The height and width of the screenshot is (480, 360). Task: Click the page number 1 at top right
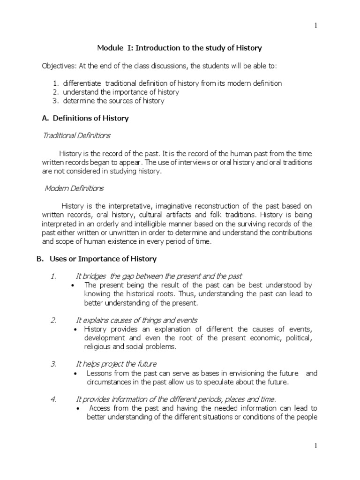(315, 26)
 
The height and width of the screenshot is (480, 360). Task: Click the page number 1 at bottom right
(315, 447)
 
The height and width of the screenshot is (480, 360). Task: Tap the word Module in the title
(109, 48)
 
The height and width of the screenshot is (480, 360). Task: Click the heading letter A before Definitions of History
(45, 118)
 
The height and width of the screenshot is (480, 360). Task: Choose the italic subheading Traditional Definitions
(77, 135)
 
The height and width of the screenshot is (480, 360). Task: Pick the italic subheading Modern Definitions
(74, 188)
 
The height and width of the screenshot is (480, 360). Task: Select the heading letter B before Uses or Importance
(40, 259)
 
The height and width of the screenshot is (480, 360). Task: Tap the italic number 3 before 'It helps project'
(54, 364)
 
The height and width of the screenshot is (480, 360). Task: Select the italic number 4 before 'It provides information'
(54, 399)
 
